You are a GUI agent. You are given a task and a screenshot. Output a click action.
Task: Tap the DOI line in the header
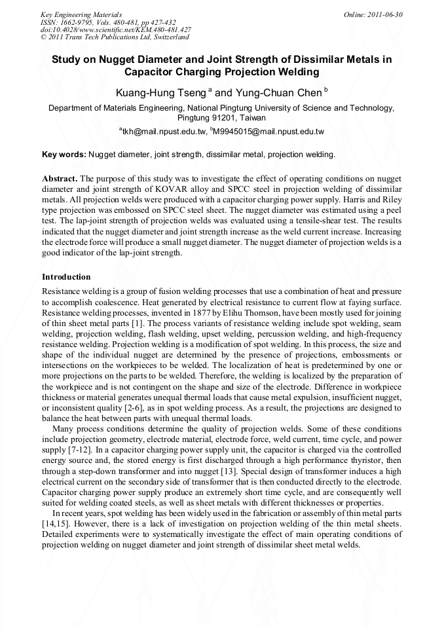tap(116, 29)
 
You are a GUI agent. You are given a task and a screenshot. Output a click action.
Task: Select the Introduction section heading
tap(66, 277)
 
